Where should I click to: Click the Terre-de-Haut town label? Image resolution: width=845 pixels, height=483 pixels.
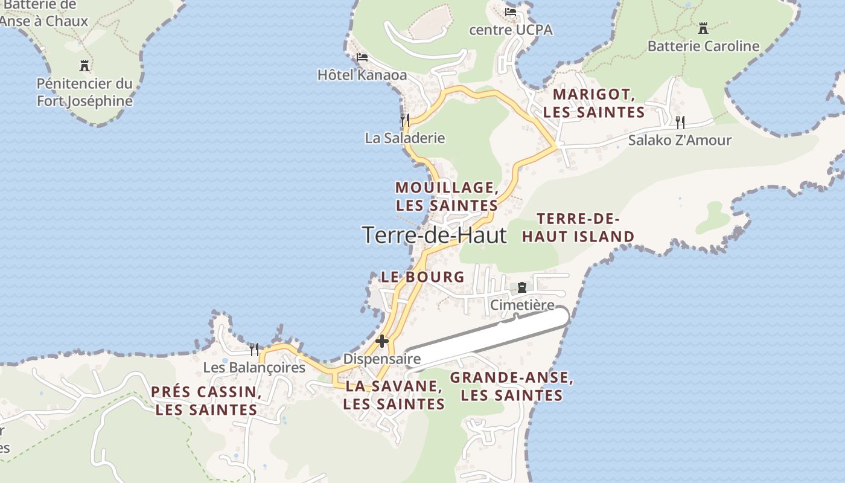coord(435,235)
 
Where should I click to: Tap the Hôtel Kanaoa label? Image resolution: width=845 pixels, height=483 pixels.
coord(362,75)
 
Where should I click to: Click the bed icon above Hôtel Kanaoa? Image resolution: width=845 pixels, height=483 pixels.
coord(362,57)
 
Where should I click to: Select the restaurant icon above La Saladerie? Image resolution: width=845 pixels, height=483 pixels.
coord(404,120)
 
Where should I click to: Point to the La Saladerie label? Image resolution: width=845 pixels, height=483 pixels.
coord(404,138)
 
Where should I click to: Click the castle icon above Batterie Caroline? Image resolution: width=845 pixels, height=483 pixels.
coord(703,28)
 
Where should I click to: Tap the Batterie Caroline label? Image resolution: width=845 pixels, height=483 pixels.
coord(703,46)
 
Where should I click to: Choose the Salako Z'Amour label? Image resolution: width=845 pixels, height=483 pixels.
coord(680,140)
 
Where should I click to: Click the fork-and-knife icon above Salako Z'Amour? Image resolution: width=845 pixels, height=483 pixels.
coord(680,123)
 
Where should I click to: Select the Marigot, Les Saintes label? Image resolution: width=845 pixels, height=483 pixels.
coord(594,103)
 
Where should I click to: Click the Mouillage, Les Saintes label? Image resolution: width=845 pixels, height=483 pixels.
coord(447,196)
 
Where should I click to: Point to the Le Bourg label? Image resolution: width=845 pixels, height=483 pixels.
coord(422,277)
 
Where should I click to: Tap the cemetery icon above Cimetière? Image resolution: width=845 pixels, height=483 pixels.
coord(522,287)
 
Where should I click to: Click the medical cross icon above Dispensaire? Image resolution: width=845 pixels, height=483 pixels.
coord(381,341)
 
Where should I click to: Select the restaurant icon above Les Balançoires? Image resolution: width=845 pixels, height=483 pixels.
coord(254,349)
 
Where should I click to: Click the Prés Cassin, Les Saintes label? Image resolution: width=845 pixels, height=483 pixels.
coord(206,401)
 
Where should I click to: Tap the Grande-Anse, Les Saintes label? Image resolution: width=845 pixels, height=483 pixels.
coord(511,386)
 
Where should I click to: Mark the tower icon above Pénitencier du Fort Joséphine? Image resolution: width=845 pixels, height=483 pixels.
coord(84,65)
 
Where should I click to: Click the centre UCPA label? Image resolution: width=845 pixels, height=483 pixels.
coord(511,30)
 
